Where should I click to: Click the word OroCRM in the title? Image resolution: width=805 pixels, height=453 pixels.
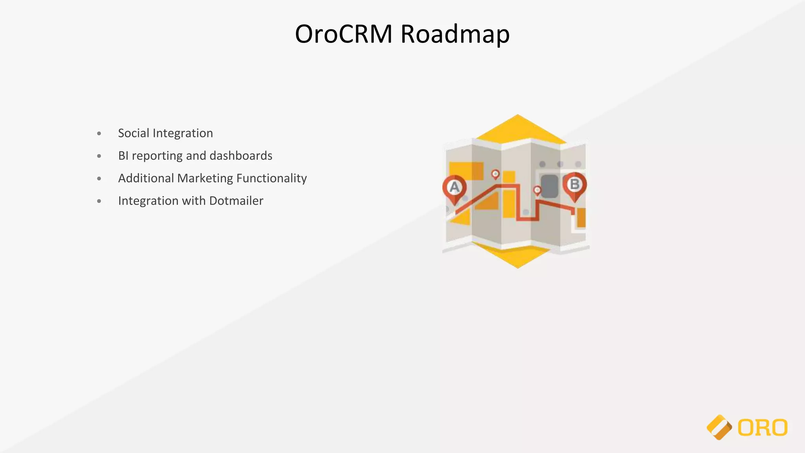[343, 34]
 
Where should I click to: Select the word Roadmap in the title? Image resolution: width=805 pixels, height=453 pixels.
[455, 35]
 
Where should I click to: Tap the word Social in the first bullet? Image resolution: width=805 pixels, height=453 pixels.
[134, 133]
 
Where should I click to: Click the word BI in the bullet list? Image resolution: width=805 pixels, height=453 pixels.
[123, 156]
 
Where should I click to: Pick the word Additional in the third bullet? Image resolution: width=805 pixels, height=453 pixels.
[146, 178]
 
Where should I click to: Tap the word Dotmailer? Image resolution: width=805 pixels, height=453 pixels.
[236, 201]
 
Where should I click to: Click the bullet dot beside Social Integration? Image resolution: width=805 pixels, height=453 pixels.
[99, 134]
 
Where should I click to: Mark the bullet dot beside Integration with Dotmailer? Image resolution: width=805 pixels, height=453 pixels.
[99, 201]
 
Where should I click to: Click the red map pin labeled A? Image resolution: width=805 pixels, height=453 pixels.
[454, 187]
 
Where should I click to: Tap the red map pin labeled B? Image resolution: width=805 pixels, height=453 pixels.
[575, 184]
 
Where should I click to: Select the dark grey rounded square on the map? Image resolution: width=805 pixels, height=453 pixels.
[550, 186]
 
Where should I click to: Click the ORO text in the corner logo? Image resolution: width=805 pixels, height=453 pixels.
[763, 428]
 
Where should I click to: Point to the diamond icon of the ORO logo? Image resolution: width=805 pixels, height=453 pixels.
[719, 427]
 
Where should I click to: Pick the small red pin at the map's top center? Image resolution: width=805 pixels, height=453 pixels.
[496, 174]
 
